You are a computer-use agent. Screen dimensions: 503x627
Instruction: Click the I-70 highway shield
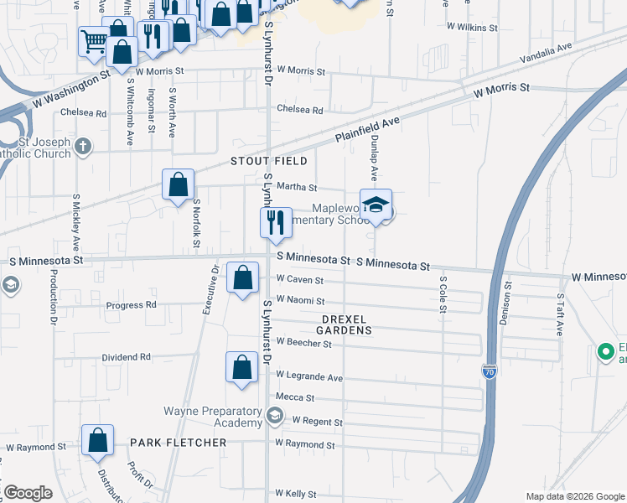pyautogui.click(x=490, y=370)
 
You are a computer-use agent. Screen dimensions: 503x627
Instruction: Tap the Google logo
pyautogui.click(x=28, y=493)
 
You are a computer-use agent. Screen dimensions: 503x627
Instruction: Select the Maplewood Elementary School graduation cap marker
pyautogui.click(x=377, y=205)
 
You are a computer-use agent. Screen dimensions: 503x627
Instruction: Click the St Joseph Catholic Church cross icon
pyautogui.click(x=82, y=148)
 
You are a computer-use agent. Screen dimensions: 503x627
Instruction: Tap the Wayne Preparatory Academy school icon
pyautogui.click(x=274, y=415)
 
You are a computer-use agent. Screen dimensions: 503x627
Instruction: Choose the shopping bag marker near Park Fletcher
pyautogui.click(x=98, y=441)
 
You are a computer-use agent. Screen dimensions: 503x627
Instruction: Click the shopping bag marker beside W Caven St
pyautogui.click(x=243, y=277)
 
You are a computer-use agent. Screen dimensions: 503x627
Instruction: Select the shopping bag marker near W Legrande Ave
pyautogui.click(x=241, y=367)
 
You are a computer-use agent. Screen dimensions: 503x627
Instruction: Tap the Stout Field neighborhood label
pyautogui.click(x=263, y=161)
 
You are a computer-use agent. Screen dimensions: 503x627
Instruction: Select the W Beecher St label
pyautogui.click(x=304, y=343)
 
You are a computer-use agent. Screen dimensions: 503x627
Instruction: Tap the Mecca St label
pyautogui.click(x=294, y=397)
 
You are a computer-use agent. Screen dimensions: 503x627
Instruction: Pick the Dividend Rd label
pyautogui.click(x=127, y=356)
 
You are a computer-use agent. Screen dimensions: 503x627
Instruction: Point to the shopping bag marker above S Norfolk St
pyautogui.click(x=179, y=184)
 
